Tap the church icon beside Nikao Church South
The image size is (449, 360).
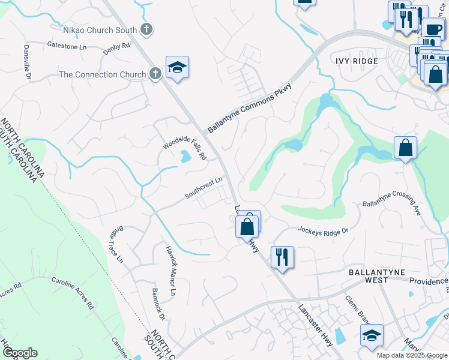click(146, 29)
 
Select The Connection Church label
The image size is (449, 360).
click(103, 74)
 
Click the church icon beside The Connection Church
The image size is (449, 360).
click(155, 74)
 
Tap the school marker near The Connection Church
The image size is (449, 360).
click(177, 67)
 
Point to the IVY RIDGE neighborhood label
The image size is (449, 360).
click(357, 61)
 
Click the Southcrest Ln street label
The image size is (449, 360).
click(204, 187)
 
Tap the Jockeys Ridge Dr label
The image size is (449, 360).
click(323, 230)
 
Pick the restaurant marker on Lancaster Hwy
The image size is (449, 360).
click(280, 257)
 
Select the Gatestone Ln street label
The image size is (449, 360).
click(67, 46)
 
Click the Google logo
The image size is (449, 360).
click(20, 353)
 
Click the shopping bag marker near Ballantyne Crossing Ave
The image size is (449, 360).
click(405, 147)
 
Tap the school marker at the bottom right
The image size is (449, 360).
click(372, 336)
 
